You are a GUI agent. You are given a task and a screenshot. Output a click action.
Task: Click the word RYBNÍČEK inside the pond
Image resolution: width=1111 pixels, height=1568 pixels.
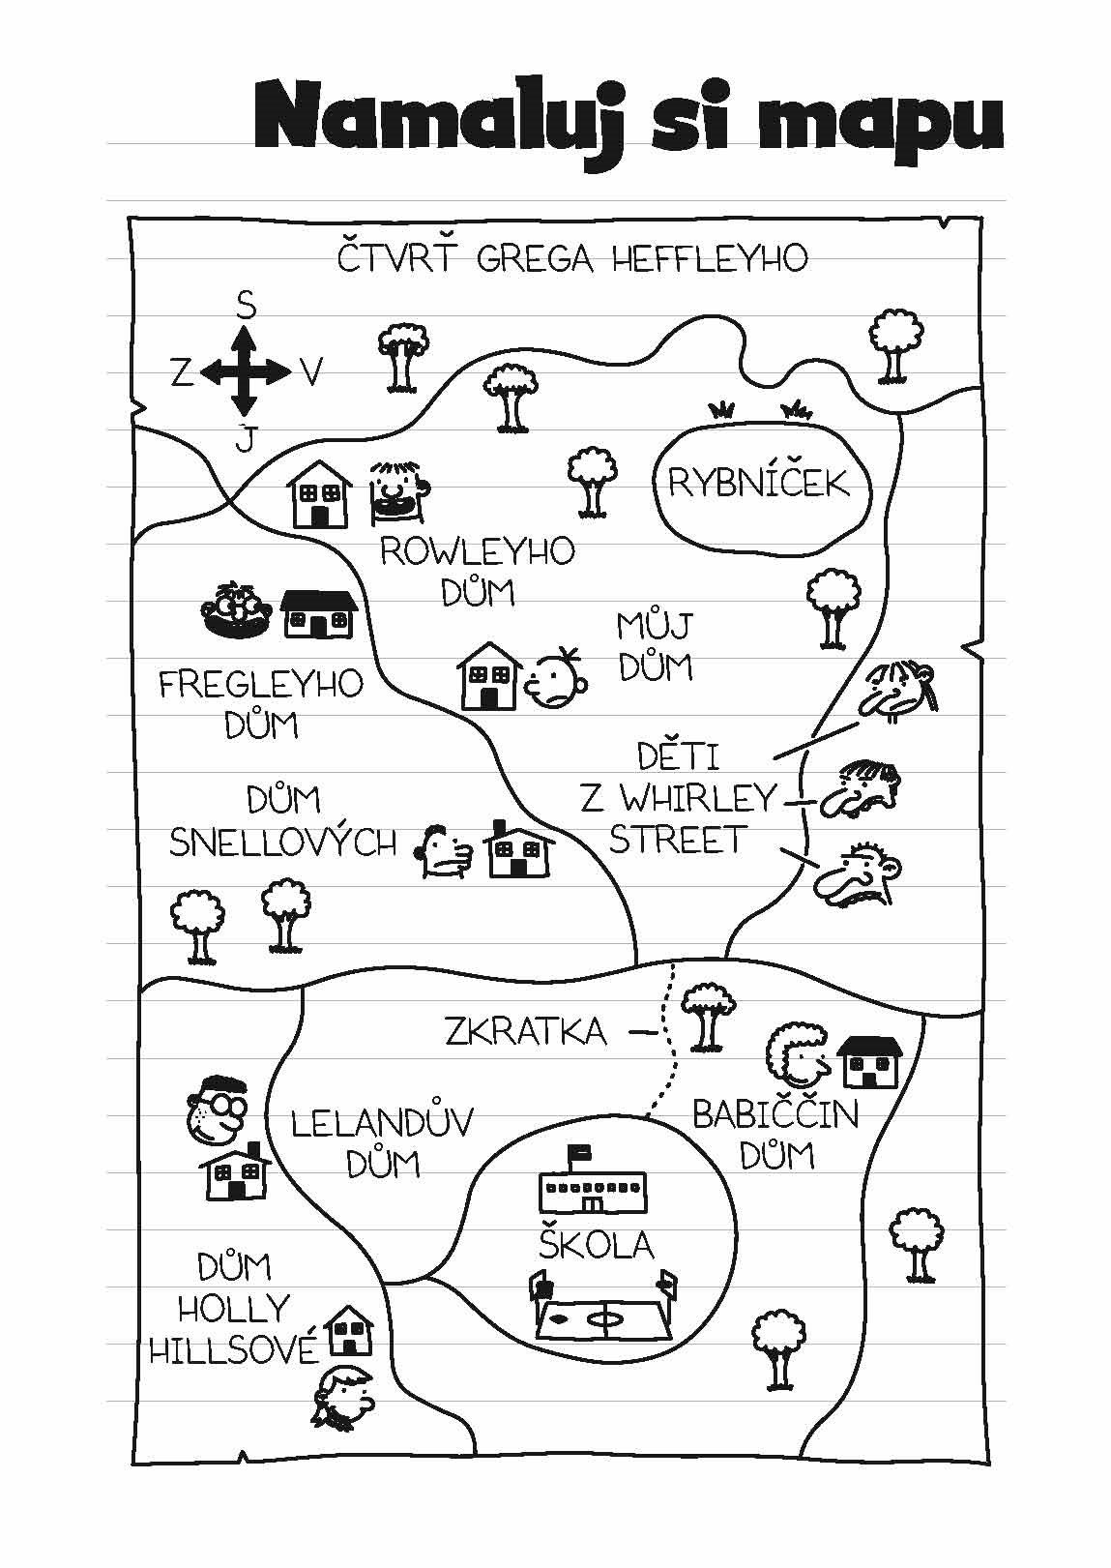click(x=758, y=483)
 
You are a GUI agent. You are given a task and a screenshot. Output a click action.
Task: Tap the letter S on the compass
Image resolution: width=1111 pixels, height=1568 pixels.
click(x=246, y=308)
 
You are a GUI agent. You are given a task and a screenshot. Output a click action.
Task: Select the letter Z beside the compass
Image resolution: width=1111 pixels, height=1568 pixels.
click(x=182, y=373)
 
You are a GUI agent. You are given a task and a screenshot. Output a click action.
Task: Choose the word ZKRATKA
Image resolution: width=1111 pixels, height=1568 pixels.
click(x=525, y=1030)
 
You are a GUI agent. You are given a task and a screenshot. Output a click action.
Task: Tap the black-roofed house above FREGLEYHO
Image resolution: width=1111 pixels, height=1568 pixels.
click(x=318, y=614)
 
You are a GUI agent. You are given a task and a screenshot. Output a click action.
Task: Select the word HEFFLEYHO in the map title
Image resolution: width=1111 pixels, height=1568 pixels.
click(x=710, y=259)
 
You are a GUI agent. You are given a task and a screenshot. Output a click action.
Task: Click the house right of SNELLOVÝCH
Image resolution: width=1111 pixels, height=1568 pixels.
click(x=521, y=848)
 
